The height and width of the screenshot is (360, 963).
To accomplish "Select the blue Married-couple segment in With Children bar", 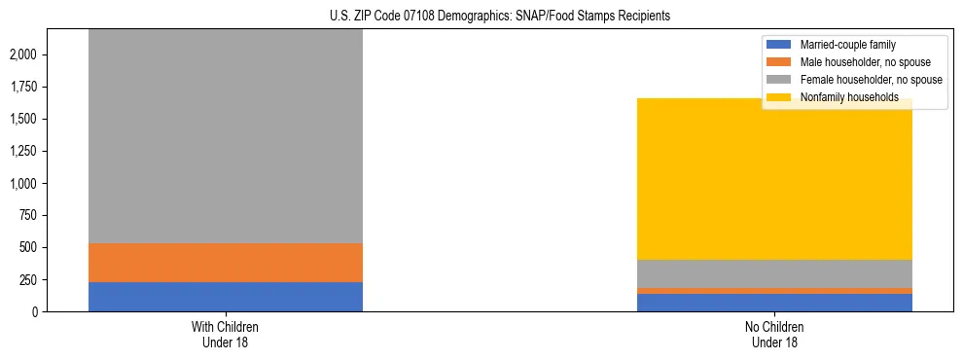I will tap(226, 297).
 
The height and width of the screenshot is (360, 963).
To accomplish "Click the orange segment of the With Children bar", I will tap(226, 263).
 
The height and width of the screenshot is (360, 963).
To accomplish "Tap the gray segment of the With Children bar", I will tap(226, 136).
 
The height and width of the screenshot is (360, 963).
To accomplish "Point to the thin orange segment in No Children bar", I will tap(774, 290).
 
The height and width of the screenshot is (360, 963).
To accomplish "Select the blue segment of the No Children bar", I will tap(774, 303).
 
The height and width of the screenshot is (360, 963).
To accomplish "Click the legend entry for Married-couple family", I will tap(847, 45).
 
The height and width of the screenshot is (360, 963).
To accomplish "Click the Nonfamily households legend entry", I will tap(849, 97).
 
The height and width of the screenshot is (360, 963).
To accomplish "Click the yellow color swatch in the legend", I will tap(780, 97).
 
